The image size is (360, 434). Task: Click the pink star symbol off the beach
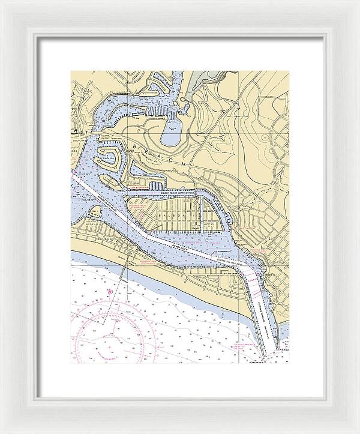(x=109, y=292)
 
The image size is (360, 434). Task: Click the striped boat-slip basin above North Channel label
(x=155, y=186)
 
